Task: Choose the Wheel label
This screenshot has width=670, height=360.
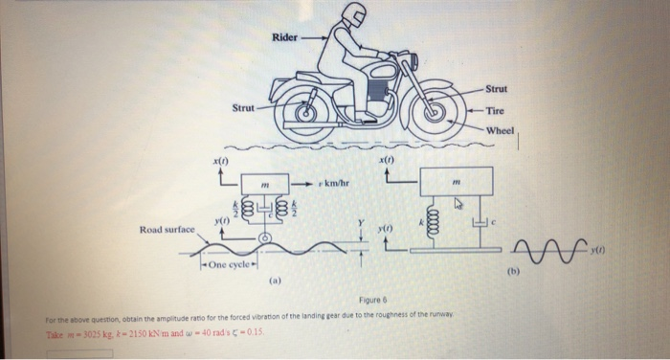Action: point(501,129)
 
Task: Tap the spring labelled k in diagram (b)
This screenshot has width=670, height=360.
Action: point(431,221)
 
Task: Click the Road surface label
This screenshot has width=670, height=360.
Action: point(167,230)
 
